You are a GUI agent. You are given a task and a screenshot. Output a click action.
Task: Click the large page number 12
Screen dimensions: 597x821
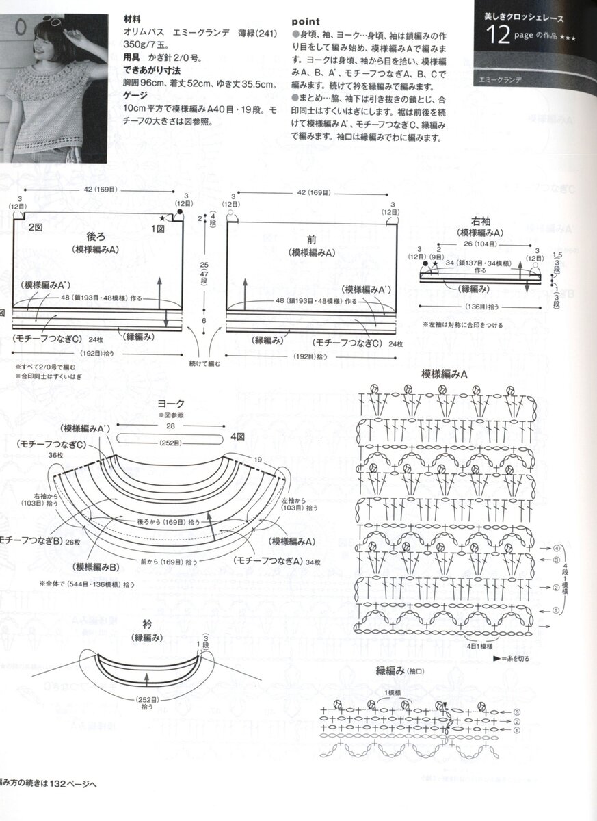click(499, 35)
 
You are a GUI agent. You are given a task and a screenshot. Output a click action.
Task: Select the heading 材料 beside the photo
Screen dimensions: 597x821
click(133, 21)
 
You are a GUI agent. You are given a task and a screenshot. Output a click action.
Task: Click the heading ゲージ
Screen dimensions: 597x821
click(139, 98)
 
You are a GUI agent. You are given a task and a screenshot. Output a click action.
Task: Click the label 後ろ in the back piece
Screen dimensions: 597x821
click(96, 237)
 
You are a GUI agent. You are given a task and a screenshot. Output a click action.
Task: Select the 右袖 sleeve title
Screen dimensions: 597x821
click(483, 221)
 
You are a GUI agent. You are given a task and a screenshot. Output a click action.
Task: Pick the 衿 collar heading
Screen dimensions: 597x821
click(147, 624)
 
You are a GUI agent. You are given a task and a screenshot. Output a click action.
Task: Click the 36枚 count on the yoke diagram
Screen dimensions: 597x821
click(56, 454)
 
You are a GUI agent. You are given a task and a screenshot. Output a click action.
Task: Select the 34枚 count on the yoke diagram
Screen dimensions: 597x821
click(313, 561)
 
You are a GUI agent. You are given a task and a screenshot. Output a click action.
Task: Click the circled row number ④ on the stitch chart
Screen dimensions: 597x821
click(557, 549)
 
